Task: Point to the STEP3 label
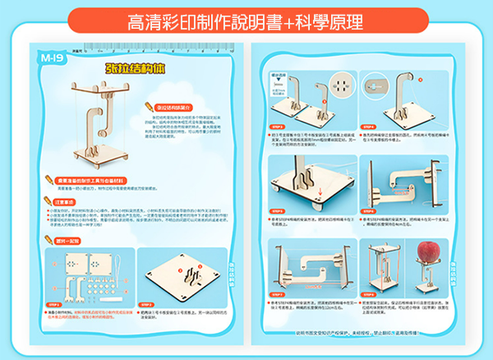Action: point(276,127)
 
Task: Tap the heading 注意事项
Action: point(62,200)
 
